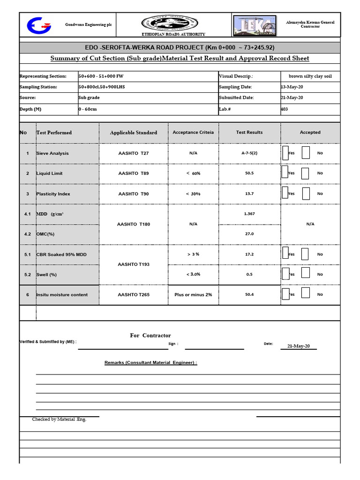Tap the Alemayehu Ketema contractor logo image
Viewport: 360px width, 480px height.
tap(258, 25)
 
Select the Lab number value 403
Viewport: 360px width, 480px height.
tap(285, 109)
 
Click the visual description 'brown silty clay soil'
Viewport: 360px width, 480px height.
tap(310, 76)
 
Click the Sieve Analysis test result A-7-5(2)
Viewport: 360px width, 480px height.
tap(249, 153)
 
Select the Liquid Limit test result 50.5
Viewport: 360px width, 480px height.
tap(249, 173)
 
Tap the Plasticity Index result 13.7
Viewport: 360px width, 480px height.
tap(249, 194)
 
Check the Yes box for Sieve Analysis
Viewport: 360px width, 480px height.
tap(285, 153)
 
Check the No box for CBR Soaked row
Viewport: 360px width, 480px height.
tap(305, 254)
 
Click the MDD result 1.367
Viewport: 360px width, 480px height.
tap(249, 214)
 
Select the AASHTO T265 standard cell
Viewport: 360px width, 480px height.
tap(135, 295)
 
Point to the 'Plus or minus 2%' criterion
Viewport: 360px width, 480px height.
tap(193, 295)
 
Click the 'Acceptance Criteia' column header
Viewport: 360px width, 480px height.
tap(193, 133)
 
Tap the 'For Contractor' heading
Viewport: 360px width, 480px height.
tap(150, 335)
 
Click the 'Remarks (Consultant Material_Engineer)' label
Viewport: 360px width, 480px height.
tap(150, 363)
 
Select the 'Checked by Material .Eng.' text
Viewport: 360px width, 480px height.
tap(59, 420)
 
